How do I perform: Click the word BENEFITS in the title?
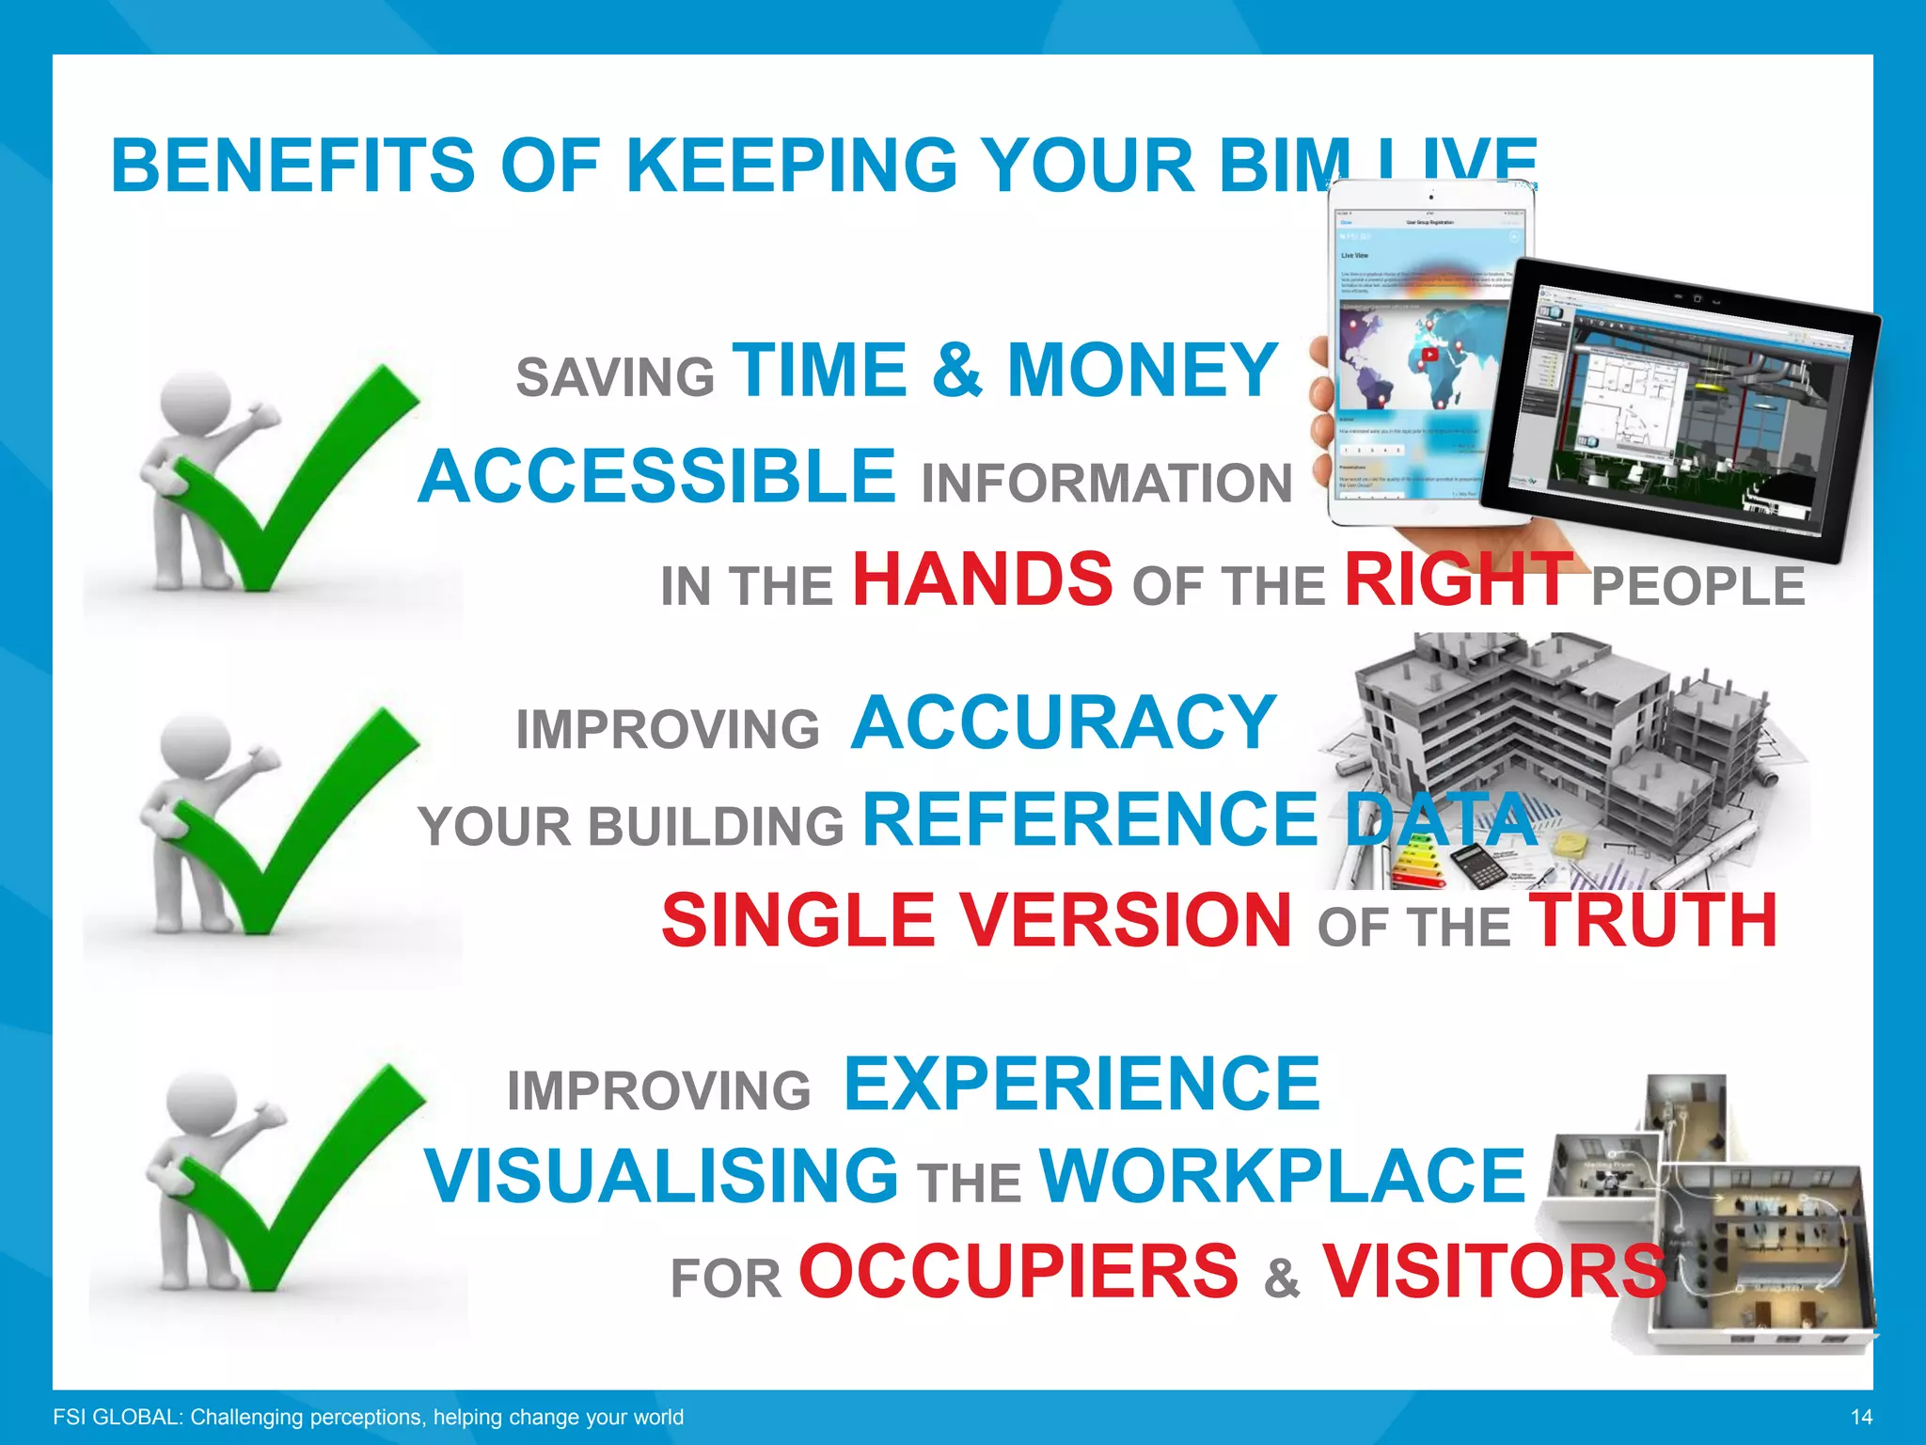point(292,166)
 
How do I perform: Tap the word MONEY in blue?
point(1142,371)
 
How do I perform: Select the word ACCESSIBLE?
point(656,477)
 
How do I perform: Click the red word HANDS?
point(983,579)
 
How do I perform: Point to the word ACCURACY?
point(1063,722)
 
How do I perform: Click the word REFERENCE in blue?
point(1090,819)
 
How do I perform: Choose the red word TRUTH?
point(1652,920)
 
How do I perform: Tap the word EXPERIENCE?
point(1081,1084)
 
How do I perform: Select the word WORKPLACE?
point(1282,1176)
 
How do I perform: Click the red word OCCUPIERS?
point(1018,1272)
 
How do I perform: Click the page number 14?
point(1860,1417)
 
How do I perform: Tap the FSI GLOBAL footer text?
point(368,1417)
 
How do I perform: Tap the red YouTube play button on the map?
point(1429,355)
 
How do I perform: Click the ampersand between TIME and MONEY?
point(956,371)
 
